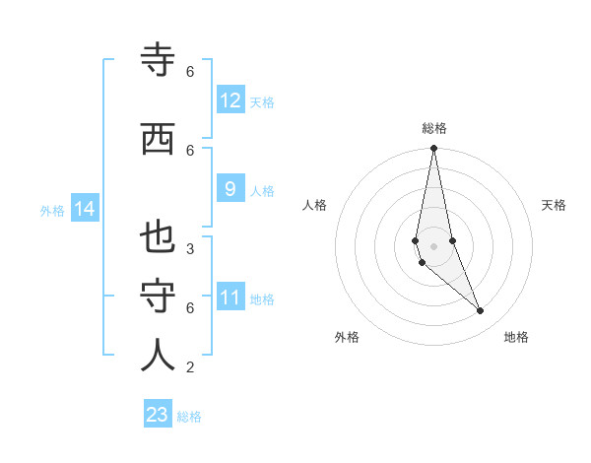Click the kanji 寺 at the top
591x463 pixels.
tap(159, 61)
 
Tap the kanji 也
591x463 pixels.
tap(159, 238)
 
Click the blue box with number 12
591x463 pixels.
tap(230, 100)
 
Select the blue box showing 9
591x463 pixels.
tap(230, 189)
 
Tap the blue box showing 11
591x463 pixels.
tap(230, 298)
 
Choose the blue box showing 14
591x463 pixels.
tap(85, 209)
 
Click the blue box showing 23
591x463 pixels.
tap(158, 415)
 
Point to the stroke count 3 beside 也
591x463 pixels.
tap(190, 249)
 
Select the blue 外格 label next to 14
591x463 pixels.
tap(52, 210)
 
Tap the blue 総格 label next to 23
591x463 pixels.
tap(189, 416)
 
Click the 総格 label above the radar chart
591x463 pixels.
tap(434, 128)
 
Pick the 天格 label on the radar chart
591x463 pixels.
tap(554, 205)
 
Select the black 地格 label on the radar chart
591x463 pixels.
tap(516, 337)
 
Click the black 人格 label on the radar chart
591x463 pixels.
tap(314, 205)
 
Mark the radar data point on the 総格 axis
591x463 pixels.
tap(433, 148)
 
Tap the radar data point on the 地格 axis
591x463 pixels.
tap(481, 311)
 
